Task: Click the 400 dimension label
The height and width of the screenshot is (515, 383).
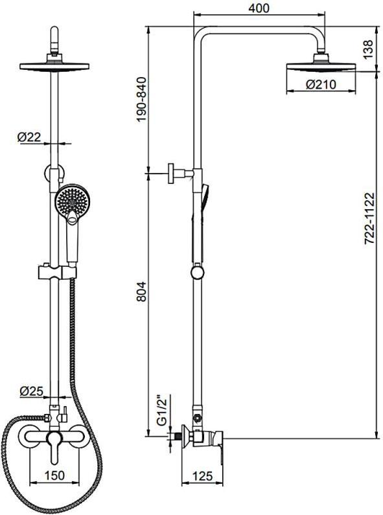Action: point(259,8)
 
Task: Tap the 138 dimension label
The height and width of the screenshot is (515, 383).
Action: point(369,49)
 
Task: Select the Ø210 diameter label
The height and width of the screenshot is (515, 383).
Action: point(321,85)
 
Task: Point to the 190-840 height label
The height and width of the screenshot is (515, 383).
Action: point(141,99)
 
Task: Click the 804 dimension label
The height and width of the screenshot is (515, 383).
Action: point(141,292)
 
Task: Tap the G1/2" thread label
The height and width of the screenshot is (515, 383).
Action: point(162,411)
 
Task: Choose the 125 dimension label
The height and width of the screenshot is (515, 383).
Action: point(202,475)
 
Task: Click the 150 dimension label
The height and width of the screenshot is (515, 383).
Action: point(54,475)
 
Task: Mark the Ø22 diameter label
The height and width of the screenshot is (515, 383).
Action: point(30,137)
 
